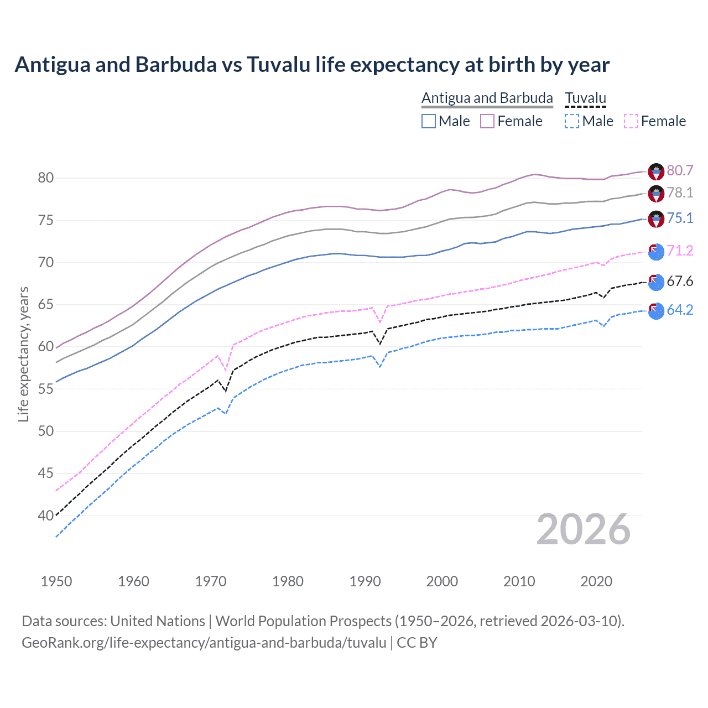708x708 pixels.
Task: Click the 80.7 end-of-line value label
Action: pyautogui.click(x=680, y=170)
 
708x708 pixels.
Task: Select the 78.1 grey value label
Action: pyautogui.click(x=680, y=192)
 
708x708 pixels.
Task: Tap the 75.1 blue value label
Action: pyautogui.click(x=680, y=218)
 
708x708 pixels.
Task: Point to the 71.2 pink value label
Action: pyautogui.click(x=680, y=251)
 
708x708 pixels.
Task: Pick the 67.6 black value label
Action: pyautogui.click(x=680, y=281)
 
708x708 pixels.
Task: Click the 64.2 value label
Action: pyautogui.click(x=680, y=310)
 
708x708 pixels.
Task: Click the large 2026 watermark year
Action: pyautogui.click(x=584, y=529)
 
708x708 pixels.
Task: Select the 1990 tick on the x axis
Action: pyautogui.click(x=365, y=581)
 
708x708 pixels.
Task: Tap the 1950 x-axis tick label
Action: pyautogui.click(x=56, y=581)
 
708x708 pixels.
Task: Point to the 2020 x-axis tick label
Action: pyautogui.click(x=596, y=581)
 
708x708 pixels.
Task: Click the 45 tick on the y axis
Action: pyautogui.click(x=46, y=473)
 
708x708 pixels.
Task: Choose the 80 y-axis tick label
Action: pyautogui.click(x=46, y=178)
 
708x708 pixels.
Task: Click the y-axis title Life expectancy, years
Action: pyautogui.click(x=23, y=354)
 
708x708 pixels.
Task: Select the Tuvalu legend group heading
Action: pyautogui.click(x=585, y=98)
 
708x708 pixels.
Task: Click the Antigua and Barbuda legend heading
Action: pyautogui.click(x=487, y=98)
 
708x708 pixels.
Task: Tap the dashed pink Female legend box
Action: pyautogui.click(x=631, y=121)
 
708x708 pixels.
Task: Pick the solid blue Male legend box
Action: pyautogui.click(x=429, y=121)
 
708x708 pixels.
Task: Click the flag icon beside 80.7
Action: pyautogui.click(x=656, y=171)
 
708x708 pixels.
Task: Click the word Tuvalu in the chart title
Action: pyautogui.click(x=278, y=65)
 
